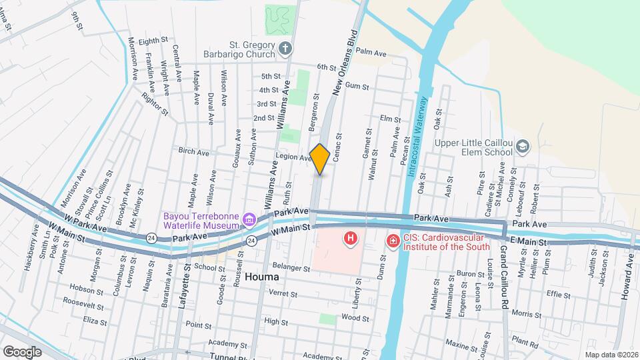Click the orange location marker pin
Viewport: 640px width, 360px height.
coord(320,159)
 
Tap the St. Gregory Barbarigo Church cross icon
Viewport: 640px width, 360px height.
coord(285,47)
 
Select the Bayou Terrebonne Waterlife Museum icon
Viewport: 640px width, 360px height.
coord(249,219)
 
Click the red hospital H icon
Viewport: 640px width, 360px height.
coord(349,238)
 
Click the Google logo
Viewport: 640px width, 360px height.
coord(22,351)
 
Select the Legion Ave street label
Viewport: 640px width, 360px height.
coord(293,157)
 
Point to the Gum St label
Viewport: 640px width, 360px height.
coord(357,86)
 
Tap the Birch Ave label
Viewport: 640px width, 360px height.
coord(193,152)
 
